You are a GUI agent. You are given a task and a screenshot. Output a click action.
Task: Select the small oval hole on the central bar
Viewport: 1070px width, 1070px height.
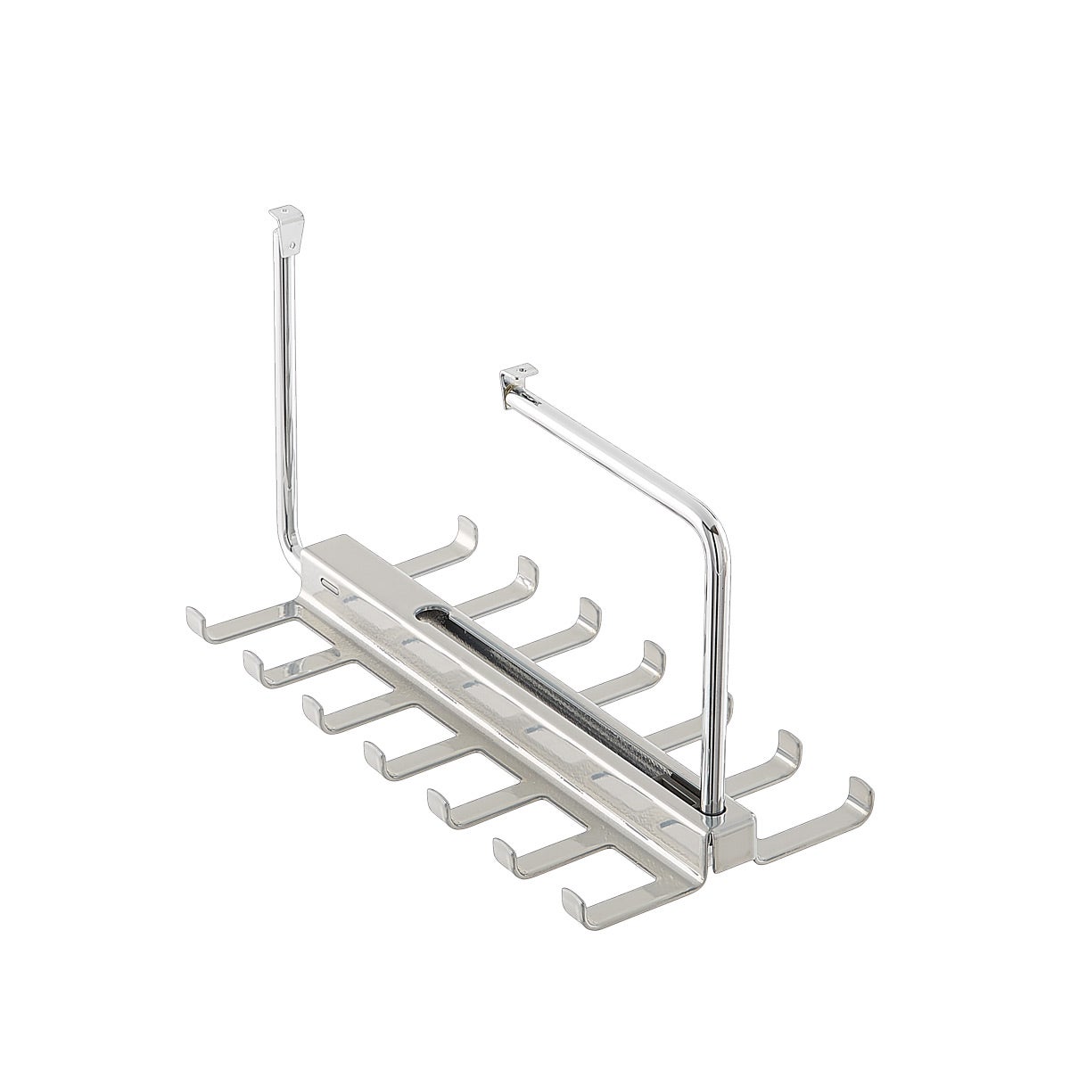[x=329, y=588]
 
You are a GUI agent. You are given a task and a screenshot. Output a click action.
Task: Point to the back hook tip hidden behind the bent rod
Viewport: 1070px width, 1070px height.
[x=726, y=704]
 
